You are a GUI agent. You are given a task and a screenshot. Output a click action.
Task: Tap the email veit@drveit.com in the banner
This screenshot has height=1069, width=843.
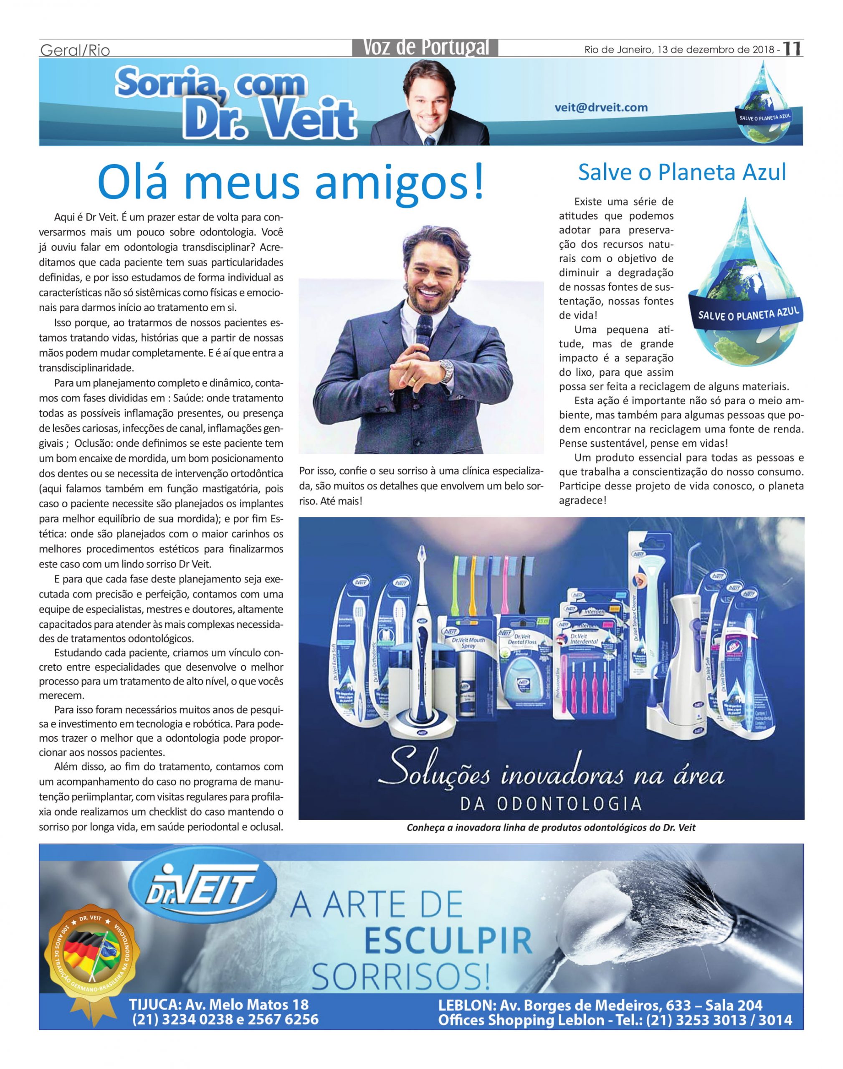(x=601, y=108)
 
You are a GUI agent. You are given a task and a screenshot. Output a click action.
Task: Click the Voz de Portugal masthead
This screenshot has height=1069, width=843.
(x=425, y=47)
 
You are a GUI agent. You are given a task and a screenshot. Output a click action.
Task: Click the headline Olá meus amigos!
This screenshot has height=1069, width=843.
(x=291, y=183)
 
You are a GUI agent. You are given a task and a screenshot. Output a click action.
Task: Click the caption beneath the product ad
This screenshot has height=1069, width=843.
(x=551, y=828)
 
